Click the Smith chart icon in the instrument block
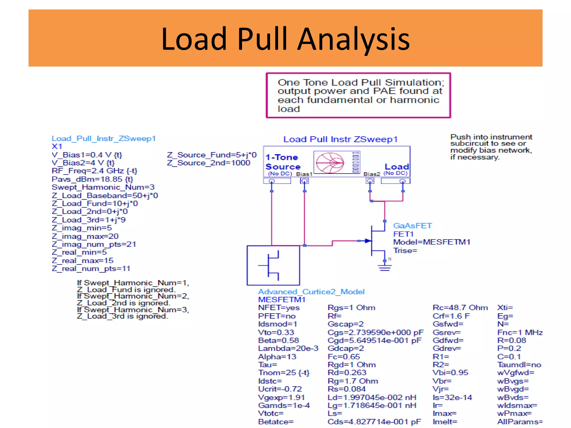click(x=330, y=163)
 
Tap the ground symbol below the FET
click(x=384, y=268)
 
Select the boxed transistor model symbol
click(x=273, y=265)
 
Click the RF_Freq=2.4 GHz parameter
click(x=94, y=171)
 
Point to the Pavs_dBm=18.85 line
click(x=92, y=179)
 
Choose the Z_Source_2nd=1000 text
click(x=209, y=163)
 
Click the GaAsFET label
click(x=412, y=226)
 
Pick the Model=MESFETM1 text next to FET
click(x=432, y=242)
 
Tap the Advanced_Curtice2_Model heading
click(x=311, y=292)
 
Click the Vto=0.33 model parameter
click(x=276, y=332)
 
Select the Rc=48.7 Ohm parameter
click(x=460, y=308)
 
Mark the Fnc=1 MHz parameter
click(x=520, y=332)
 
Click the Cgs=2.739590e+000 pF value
click(x=375, y=332)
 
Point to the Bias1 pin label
click(x=304, y=174)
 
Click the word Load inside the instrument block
click(x=396, y=167)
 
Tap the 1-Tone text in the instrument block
click(x=282, y=157)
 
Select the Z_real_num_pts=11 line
click(x=91, y=269)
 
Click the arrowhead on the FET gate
click(x=367, y=241)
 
